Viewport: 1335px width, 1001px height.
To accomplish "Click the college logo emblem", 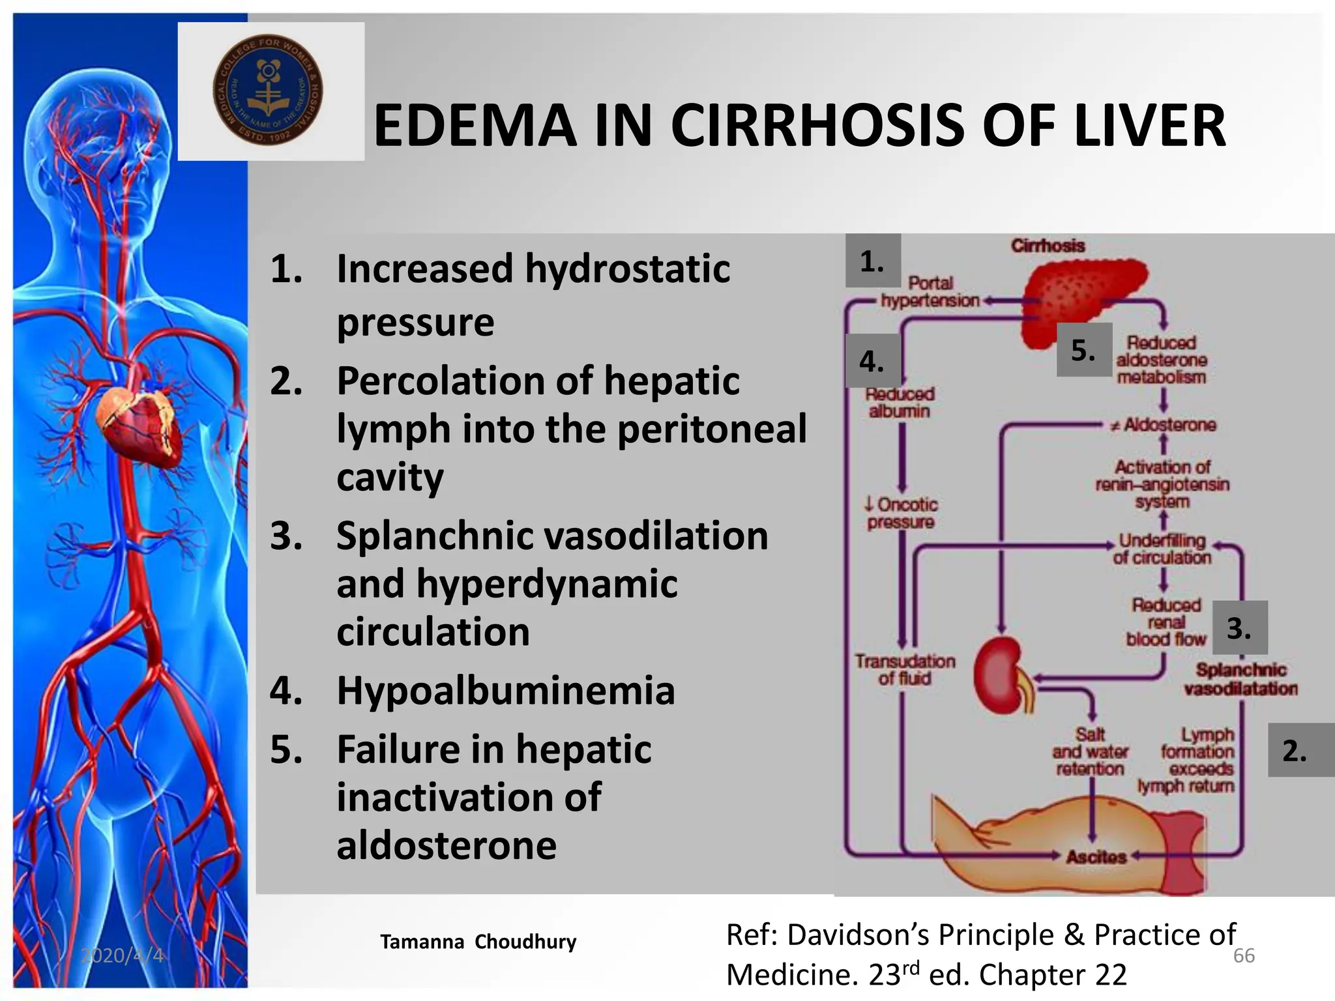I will tap(268, 89).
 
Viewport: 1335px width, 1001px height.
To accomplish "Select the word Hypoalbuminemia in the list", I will tap(505, 690).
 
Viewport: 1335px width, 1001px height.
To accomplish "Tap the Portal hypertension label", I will tap(930, 292).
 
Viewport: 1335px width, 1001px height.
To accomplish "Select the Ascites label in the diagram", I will tap(1096, 856).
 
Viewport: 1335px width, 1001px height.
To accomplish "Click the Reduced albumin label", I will tap(900, 403).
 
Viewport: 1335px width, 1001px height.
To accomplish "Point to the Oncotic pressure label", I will tap(901, 513).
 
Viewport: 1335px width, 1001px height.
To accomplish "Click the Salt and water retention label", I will tap(1090, 751).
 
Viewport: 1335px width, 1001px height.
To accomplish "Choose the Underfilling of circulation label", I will tap(1162, 549).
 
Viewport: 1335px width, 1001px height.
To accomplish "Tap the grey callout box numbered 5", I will tap(1083, 350).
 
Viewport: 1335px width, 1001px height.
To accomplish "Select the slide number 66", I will tap(1244, 955).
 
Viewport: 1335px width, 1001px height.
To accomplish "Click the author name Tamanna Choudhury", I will tap(478, 942).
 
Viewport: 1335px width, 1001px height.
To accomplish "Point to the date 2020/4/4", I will tap(122, 955).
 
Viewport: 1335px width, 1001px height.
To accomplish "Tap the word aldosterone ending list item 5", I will tap(447, 846).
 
